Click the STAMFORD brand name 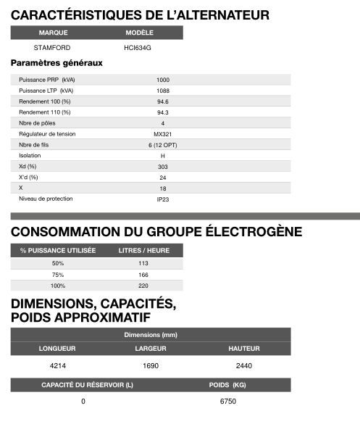point(52,47)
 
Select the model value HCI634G point(138,47)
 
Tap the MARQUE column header point(53,33)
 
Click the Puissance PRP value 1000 point(162,80)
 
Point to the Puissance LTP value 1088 point(162,91)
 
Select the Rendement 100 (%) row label point(45,101)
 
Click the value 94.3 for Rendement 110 point(162,112)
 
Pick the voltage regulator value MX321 point(162,134)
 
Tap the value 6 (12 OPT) point(162,145)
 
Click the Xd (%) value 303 point(162,167)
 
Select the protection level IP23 point(162,199)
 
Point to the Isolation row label point(30,156)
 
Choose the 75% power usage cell point(58,275)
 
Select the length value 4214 point(57,365)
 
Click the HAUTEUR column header point(244,349)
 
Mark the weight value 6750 point(227,401)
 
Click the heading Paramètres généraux point(56,63)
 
